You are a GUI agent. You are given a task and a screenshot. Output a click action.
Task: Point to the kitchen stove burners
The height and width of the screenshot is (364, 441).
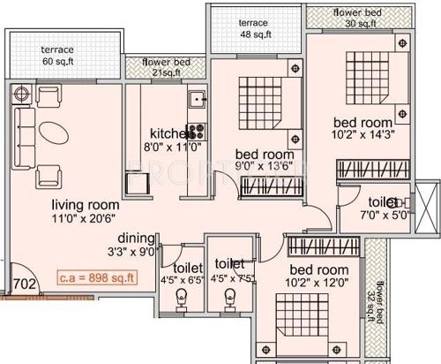[x=196, y=133]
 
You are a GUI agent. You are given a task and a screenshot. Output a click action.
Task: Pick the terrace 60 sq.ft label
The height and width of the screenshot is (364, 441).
[x=54, y=57]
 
